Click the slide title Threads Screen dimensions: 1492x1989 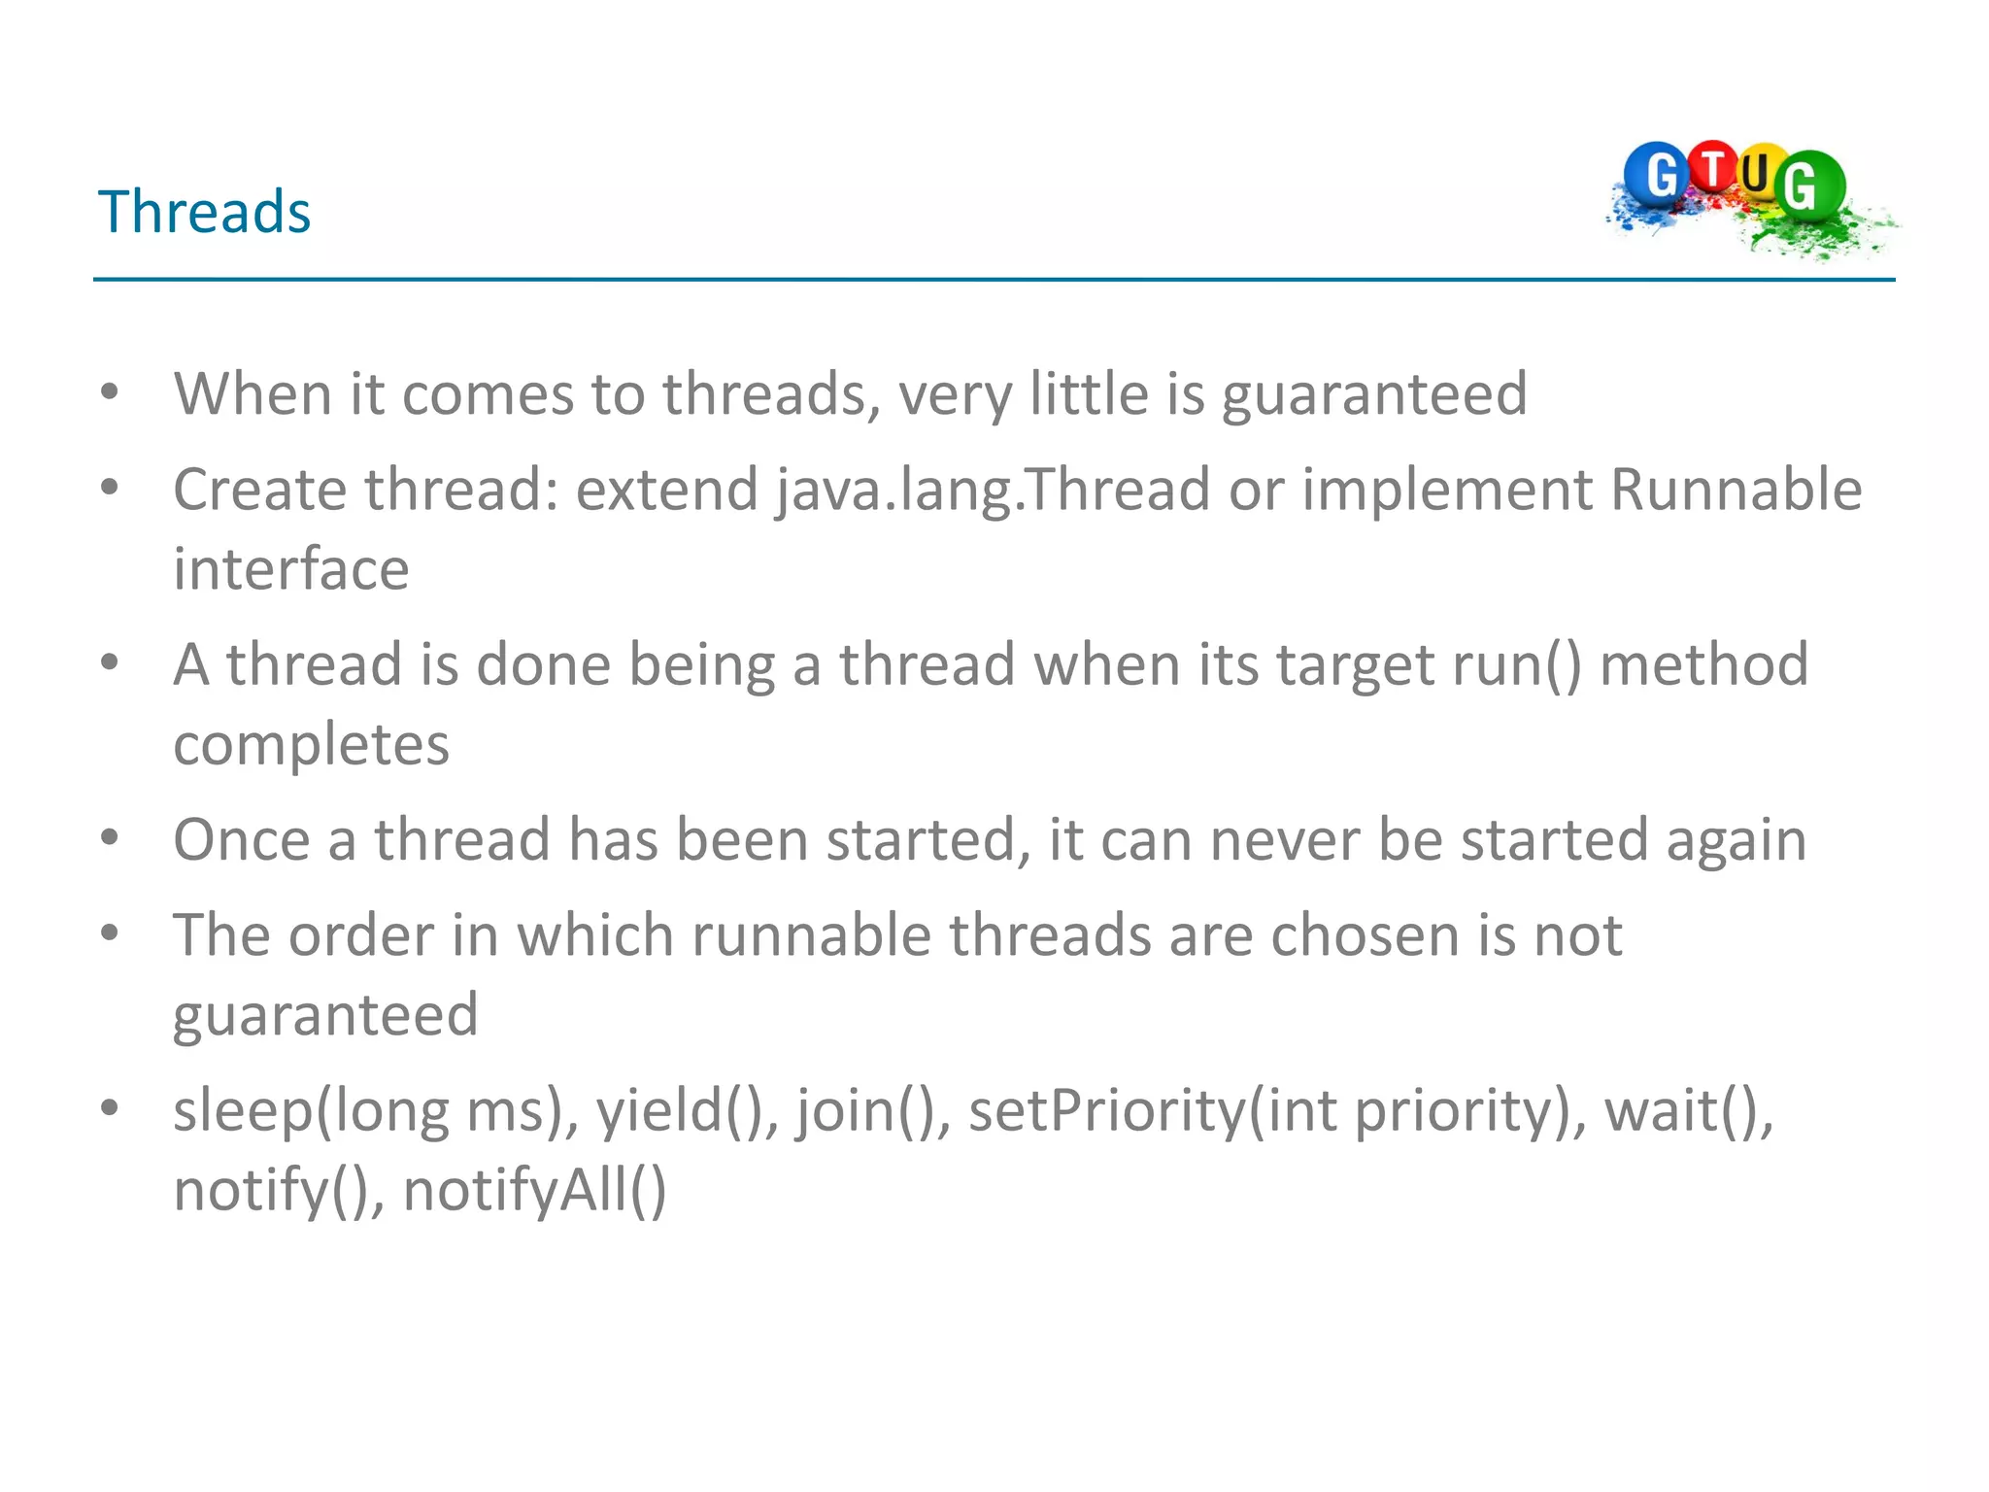point(204,212)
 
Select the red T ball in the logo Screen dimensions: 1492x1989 point(1714,167)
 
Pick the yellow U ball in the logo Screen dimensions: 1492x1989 point(1756,174)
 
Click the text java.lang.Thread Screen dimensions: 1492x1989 point(993,490)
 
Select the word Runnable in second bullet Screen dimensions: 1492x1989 point(1736,490)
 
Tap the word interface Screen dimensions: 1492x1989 point(291,569)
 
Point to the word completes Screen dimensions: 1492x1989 point(311,745)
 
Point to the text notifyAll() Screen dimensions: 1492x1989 point(534,1191)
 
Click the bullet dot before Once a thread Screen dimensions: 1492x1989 point(110,837)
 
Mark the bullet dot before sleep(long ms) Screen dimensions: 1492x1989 point(110,1107)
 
